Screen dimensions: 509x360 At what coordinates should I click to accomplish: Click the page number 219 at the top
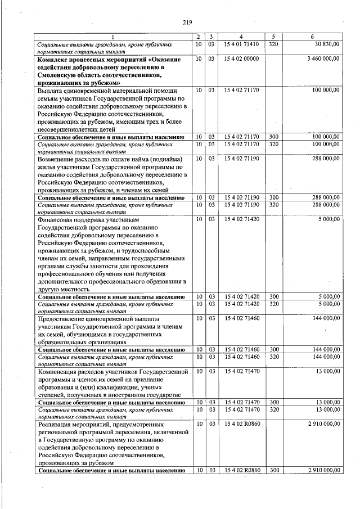[x=187, y=22]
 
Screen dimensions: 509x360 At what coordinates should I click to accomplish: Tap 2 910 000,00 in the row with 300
[x=319, y=470]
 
